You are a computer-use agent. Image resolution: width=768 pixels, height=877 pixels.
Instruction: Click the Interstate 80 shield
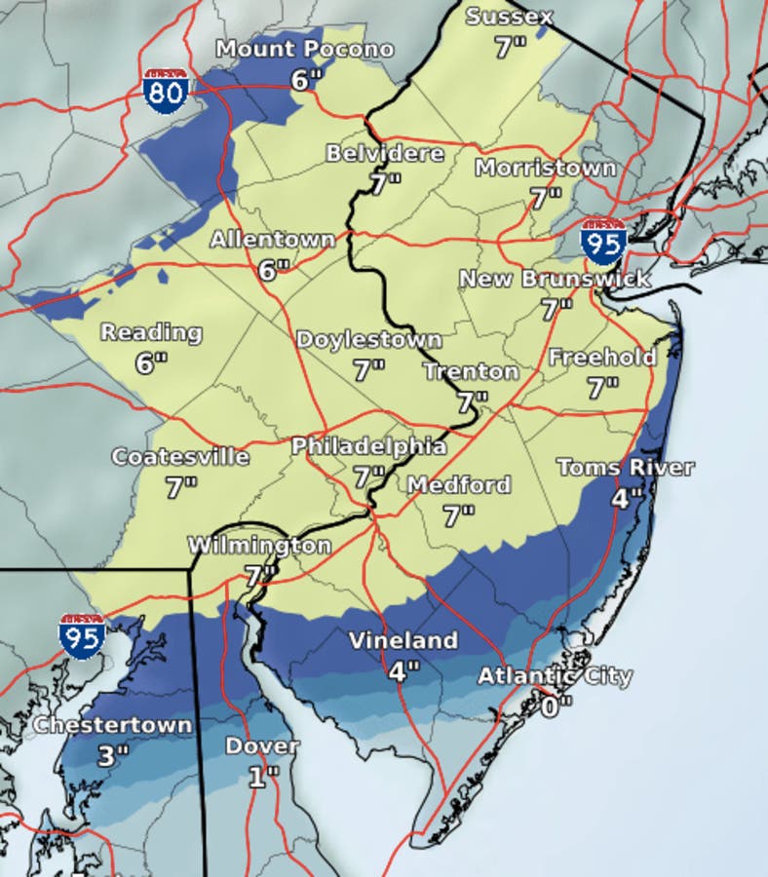pyautogui.click(x=165, y=92)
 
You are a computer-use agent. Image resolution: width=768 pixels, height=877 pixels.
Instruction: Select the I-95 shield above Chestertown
pyautogui.click(x=82, y=636)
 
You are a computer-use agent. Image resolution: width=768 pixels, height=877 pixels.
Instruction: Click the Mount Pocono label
pyautogui.click(x=305, y=49)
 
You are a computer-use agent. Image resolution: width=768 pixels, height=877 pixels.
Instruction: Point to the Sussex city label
pyautogui.click(x=509, y=17)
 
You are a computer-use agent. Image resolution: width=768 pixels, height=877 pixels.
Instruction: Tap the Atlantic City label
pyautogui.click(x=555, y=675)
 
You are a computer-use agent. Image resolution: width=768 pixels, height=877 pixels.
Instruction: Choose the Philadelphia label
pyautogui.click(x=369, y=446)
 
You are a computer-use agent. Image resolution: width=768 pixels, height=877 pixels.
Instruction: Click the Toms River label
pyautogui.click(x=625, y=467)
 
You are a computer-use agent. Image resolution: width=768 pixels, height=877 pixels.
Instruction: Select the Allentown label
pyautogui.click(x=273, y=239)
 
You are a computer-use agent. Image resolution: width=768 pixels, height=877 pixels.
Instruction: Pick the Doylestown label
pyautogui.click(x=369, y=340)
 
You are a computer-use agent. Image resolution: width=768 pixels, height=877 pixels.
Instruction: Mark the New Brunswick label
pyautogui.click(x=555, y=280)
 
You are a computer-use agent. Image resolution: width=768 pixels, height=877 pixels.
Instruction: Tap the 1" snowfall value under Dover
pyautogui.click(x=261, y=776)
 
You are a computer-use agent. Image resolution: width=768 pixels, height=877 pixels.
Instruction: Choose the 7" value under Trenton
pyautogui.click(x=472, y=401)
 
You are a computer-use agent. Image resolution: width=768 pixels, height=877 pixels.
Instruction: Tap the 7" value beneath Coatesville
pyautogui.click(x=180, y=487)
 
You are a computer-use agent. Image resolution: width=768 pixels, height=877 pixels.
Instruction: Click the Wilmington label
pyautogui.click(x=259, y=545)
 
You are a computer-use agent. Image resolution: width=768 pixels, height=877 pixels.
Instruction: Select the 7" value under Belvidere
pyautogui.click(x=384, y=184)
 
